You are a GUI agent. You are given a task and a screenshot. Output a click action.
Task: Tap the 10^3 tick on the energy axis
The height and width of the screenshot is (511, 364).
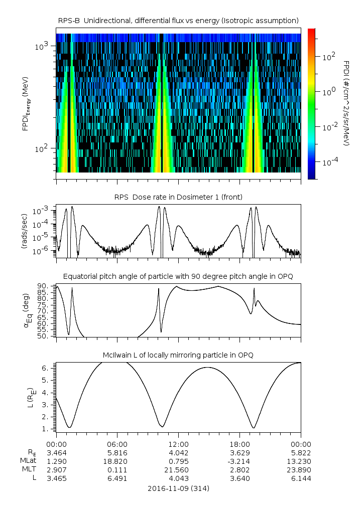pos(41,46)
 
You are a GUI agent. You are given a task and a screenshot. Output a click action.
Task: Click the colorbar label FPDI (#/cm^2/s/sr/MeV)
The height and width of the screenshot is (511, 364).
pos(346,103)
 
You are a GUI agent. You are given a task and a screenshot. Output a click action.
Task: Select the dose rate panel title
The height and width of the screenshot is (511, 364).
pos(178,196)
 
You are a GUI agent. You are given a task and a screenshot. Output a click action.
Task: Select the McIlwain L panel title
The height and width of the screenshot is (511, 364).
pos(178,355)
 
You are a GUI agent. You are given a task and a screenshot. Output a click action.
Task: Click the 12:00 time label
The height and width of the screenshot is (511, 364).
pos(178,444)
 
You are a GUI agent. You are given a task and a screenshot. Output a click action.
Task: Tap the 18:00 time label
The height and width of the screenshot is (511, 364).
pos(239,444)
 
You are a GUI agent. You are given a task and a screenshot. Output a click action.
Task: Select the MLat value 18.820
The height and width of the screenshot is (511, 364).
pos(117,461)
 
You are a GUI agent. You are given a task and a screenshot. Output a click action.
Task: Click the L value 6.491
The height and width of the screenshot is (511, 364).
pos(117,478)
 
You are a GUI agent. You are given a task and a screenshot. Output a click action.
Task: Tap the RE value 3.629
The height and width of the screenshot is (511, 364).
pos(239,452)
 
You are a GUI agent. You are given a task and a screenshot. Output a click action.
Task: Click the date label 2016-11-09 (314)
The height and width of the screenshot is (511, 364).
pos(178,488)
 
